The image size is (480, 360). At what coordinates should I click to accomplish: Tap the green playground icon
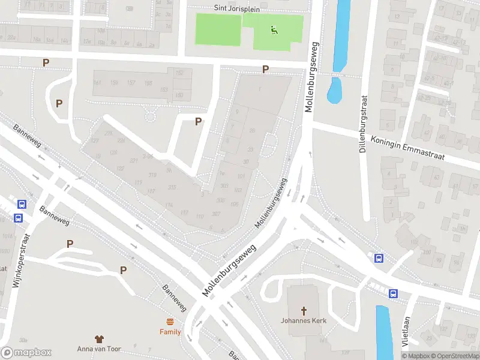coord(274,29)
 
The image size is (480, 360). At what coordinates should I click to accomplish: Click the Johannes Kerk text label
coord(304,320)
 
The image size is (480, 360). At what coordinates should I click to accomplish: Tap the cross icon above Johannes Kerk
coord(304,310)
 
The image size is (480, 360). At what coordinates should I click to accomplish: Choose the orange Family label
coord(170,332)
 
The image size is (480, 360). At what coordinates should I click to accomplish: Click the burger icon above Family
coord(170,322)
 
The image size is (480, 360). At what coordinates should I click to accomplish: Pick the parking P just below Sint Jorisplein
coord(265,70)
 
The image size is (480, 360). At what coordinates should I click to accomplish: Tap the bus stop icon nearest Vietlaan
coord(393,293)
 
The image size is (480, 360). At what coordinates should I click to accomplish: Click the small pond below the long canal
coord(334,90)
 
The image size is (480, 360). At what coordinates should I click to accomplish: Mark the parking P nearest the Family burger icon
coord(123,270)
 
